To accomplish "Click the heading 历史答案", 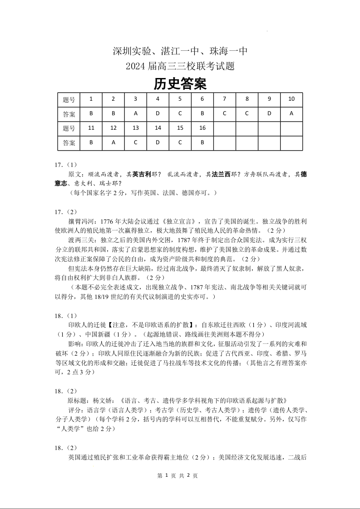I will (180, 83).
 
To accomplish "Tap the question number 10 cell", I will (291, 99).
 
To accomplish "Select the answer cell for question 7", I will (225, 113).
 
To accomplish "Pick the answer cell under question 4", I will (158, 113).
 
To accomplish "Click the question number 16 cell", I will (202, 128).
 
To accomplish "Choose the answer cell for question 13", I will (135, 142).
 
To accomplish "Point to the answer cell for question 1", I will (91, 113).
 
